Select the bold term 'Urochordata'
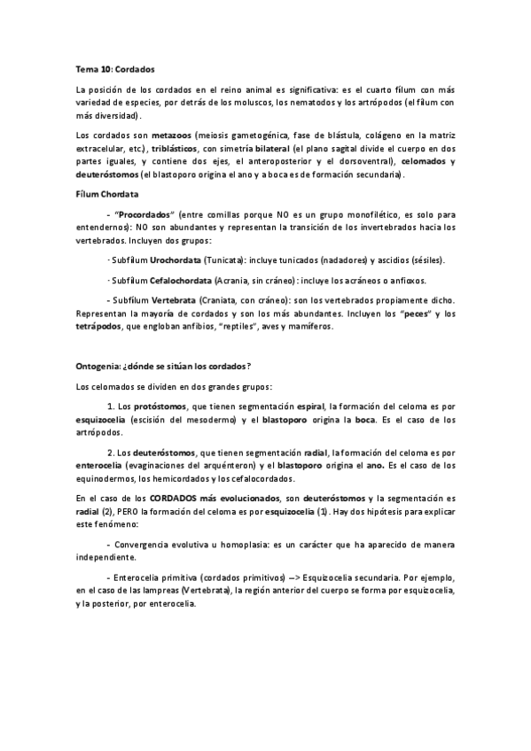tap(175, 261)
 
